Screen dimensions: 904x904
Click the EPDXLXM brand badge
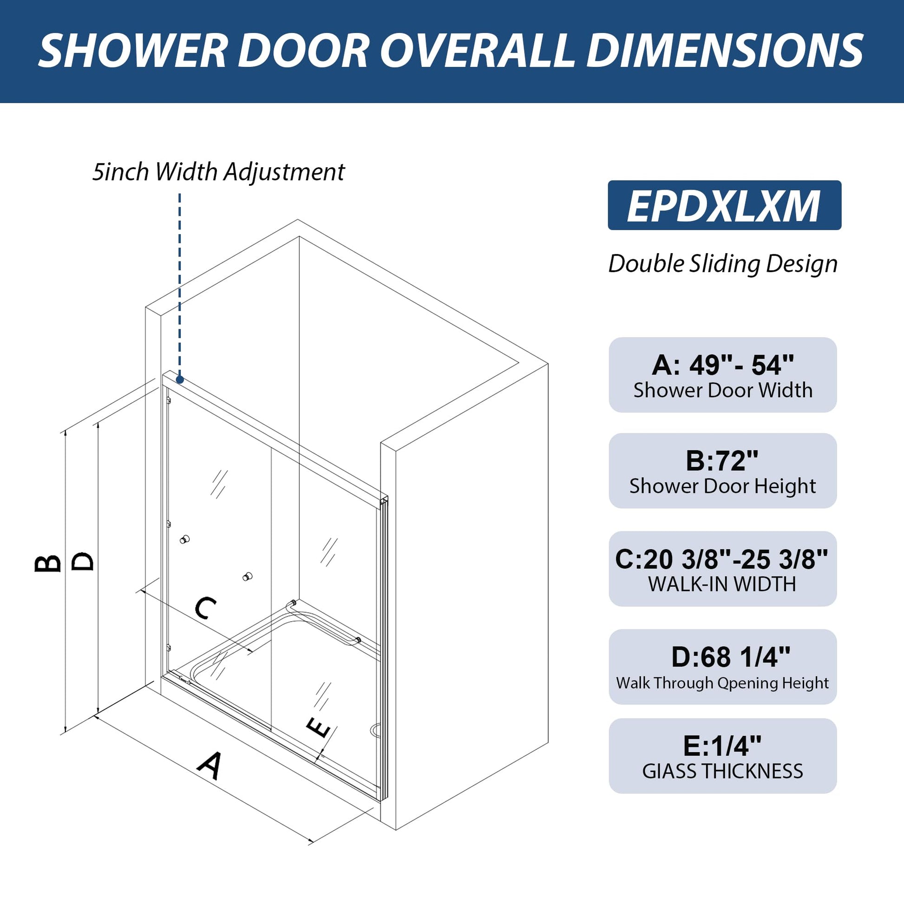coord(724,205)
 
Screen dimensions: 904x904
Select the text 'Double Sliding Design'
coord(723,264)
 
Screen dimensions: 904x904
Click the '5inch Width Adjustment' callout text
coord(218,172)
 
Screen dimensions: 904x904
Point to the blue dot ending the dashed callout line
coord(180,380)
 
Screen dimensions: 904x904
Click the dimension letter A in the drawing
coord(210,766)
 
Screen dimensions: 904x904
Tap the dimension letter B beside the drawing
coord(48,563)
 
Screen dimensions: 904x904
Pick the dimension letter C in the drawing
coord(205,607)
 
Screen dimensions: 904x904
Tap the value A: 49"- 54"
coord(722,366)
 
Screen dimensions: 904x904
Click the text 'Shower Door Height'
coord(722,486)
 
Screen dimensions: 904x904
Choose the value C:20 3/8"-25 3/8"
coord(722,559)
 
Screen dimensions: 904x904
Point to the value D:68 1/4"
coord(731,657)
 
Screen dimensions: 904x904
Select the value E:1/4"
coord(722,746)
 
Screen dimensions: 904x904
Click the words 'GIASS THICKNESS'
coord(722,771)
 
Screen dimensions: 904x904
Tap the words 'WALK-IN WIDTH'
coord(722,584)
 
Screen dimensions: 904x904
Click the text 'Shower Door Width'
coord(723,390)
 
